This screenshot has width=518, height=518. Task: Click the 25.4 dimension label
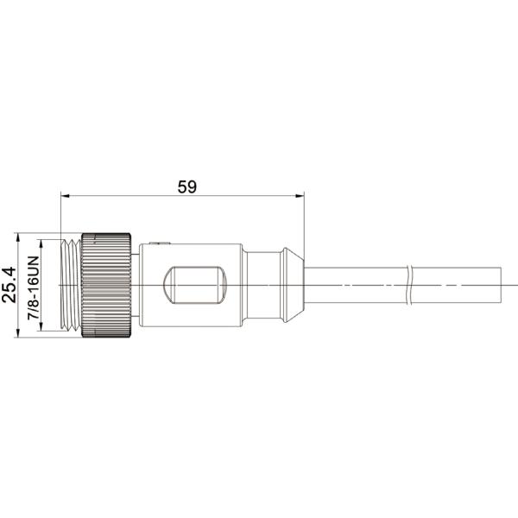coord(10,285)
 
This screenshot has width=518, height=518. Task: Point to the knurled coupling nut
coord(106,284)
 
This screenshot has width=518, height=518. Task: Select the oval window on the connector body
coord(195,284)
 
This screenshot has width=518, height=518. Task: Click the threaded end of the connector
coord(71,284)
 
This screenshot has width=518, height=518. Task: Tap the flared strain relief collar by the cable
coord(292,284)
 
